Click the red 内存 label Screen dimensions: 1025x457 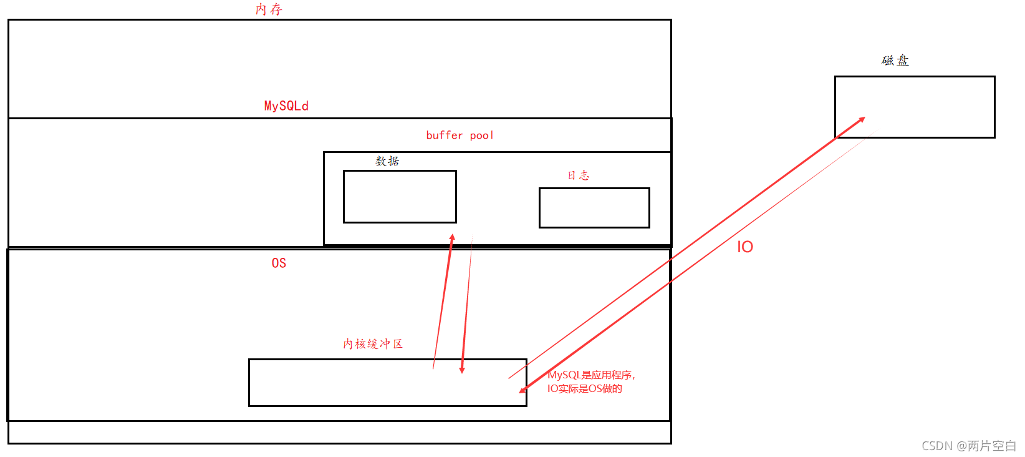pyautogui.click(x=269, y=9)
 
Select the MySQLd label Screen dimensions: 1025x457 pyautogui.click(x=286, y=106)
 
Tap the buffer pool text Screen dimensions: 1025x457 pyautogui.click(x=460, y=135)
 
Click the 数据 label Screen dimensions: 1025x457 pyautogui.click(x=387, y=161)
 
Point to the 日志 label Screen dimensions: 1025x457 pyautogui.click(x=578, y=175)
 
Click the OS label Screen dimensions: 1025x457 pyautogui.click(x=279, y=263)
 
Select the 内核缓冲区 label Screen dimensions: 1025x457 pyautogui.click(x=373, y=344)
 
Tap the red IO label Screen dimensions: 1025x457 pyautogui.click(x=745, y=247)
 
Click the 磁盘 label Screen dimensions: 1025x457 pyautogui.click(x=895, y=61)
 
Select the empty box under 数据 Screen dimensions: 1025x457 pyautogui.click(x=400, y=197)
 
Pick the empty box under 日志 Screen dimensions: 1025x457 pyautogui.click(x=594, y=208)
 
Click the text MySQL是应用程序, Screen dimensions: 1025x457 pyautogui.click(x=591, y=375)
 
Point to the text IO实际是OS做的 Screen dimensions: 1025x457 pyautogui.click(x=585, y=389)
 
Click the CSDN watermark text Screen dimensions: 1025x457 pyautogui.click(x=968, y=446)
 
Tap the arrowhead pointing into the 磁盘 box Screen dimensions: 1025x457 pyautogui.click(x=862, y=119)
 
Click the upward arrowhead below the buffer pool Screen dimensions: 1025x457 pyautogui.click(x=452, y=238)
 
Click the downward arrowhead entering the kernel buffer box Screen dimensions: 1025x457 pyautogui.click(x=462, y=370)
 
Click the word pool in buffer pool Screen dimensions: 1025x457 pyautogui.click(x=481, y=135)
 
